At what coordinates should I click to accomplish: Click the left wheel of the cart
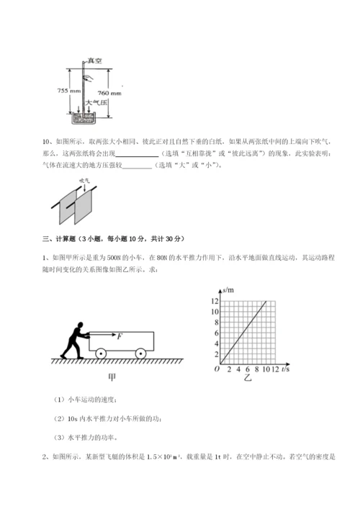click(x=102, y=353)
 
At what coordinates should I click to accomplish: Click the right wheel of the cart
click(x=140, y=353)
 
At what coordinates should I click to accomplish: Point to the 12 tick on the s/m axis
click(x=214, y=301)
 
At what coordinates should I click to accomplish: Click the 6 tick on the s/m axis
click(x=215, y=333)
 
